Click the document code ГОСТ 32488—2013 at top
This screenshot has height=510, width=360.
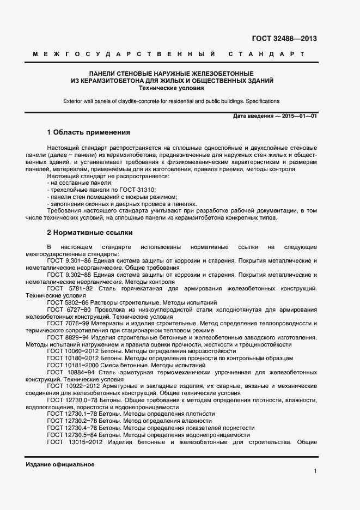click(x=284, y=38)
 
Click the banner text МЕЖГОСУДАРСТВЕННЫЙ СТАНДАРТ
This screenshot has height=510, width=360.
click(x=169, y=54)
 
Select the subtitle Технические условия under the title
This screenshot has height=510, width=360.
click(x=172, y=87)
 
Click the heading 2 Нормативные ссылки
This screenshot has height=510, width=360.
click(x=90, y=232)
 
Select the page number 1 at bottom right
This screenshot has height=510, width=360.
click(x=315, y=471)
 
